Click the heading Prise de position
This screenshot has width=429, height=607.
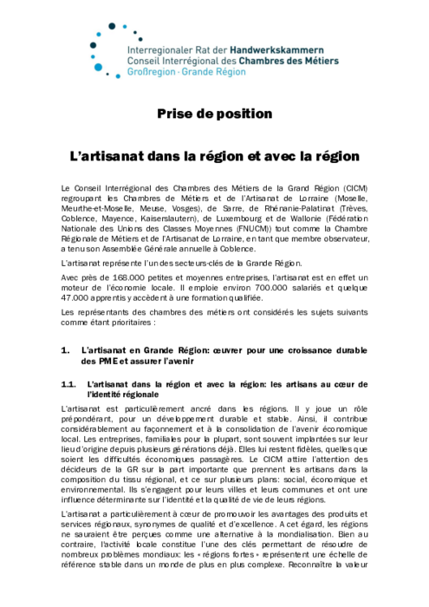[x=214, y=114]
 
